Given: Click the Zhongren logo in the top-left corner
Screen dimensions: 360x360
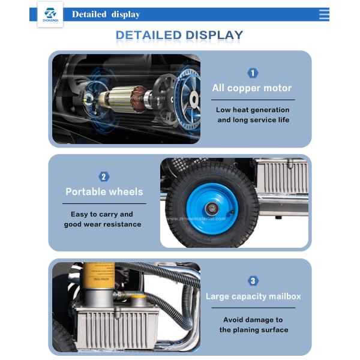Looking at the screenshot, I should (x=50, y=14).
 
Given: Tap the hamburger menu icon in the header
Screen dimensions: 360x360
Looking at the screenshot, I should (x=324, y=14).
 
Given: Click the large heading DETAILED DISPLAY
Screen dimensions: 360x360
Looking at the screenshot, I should (x=179, y=35).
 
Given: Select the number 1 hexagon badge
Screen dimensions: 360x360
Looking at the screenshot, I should (x=253, y=73).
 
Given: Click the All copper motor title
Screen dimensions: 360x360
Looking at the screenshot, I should (x=252, y=88).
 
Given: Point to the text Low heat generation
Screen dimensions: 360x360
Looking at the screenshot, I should (x=253, y=110).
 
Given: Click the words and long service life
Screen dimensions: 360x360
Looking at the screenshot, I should (x=253, y=120).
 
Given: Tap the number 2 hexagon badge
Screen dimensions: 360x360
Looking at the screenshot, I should (x=104, y=176).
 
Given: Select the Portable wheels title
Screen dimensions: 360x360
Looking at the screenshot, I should (x=104, y=192).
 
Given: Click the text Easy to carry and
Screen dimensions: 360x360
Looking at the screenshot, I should (x=102, y=214).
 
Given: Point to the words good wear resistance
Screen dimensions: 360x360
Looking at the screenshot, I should (x=103, y=224).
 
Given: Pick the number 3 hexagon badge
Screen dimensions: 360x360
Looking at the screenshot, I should (x=253, y=281).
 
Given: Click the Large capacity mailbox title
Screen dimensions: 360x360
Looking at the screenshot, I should (x=253, y=296).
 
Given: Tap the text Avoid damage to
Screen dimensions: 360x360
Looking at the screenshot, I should (x=253, y=320).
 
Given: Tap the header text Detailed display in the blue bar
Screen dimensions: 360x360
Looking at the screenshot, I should (x=106, y=14).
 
